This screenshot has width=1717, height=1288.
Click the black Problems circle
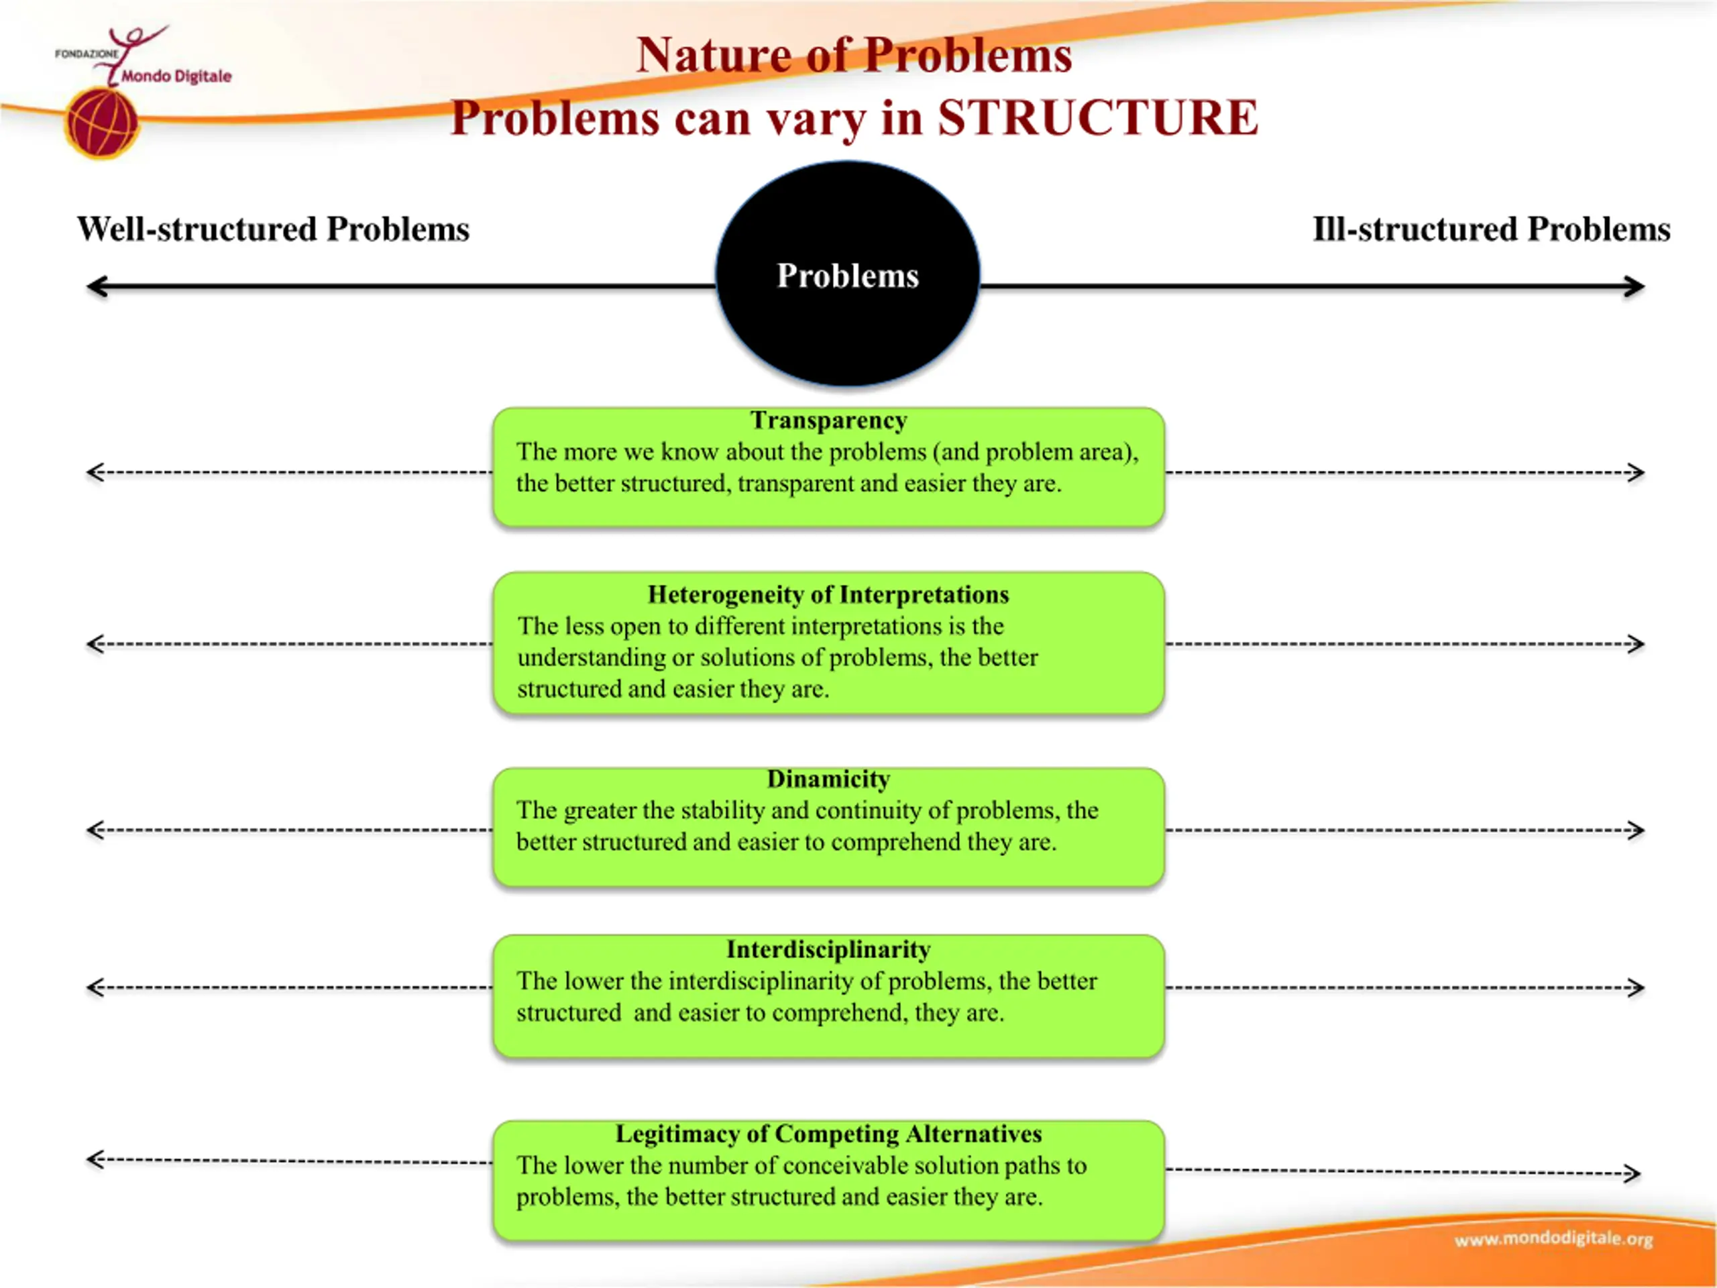click(847, 274)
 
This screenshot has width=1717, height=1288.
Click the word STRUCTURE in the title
click(1097, 118)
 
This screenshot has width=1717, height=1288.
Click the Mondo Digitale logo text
click(176, 76)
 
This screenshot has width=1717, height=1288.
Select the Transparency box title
click(828, 420)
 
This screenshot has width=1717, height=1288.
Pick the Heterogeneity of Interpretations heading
click(828, 595)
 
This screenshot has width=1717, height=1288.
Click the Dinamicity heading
click(828, 779)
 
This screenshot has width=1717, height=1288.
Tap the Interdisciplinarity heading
click(828, 949)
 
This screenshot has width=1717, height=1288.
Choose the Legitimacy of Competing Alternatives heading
click(828, 1134)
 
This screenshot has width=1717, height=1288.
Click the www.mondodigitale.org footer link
click(1553, 1238)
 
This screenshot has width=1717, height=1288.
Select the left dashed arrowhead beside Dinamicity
click(95, 830)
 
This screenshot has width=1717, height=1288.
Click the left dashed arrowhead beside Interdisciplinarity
click(95, 987)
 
